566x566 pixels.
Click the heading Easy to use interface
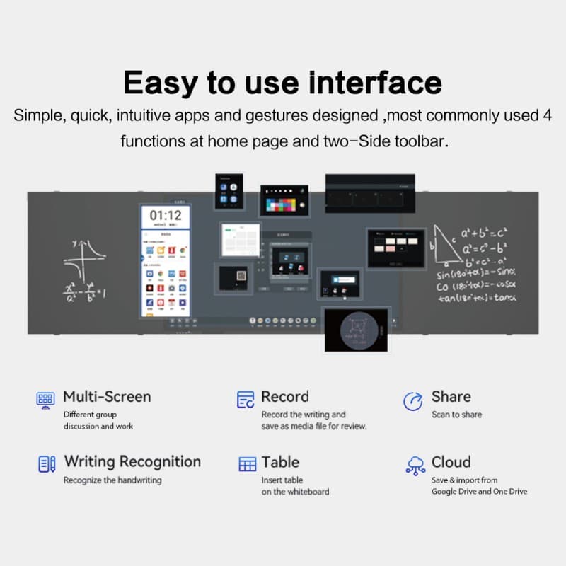[282, 82]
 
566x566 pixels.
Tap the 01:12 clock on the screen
[166, 215]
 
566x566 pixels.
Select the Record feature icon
[246, 399]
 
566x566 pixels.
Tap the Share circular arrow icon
[412, 400]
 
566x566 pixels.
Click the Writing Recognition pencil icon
[47, 464]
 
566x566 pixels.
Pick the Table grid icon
[247, 464]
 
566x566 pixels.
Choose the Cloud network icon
[415, 465]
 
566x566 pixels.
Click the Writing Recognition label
[132, 461]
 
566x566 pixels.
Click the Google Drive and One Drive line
[479, 491]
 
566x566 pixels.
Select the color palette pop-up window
[284, 201]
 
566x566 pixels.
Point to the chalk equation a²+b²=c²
[484, 233]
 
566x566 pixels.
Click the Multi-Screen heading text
[107, 396]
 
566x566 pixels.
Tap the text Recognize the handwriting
[112, 480]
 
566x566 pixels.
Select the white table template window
[241, 241]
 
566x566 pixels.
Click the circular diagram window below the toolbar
[357, 329]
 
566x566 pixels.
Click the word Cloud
[451, 462]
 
